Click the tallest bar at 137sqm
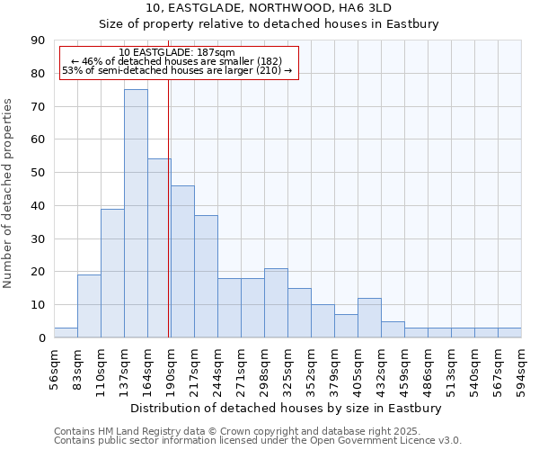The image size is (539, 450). coord(136,213)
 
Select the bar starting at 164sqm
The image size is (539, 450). coord(159,248)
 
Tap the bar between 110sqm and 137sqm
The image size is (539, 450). coord(112,273)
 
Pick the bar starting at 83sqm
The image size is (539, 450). coord(89,306)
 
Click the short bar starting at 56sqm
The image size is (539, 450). coord(66,333)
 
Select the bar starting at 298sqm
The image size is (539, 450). coord(276,303)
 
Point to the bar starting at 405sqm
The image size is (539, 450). coord(369,318)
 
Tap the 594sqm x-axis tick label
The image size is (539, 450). coord(521,367)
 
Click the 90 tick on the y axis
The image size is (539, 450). coord(38,40)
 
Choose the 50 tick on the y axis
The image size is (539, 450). coord(38,173)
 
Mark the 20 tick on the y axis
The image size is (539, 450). coord(38,272)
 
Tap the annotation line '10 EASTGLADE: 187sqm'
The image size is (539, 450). coord(177,53)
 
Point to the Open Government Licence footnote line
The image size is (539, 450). coord(258,441)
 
